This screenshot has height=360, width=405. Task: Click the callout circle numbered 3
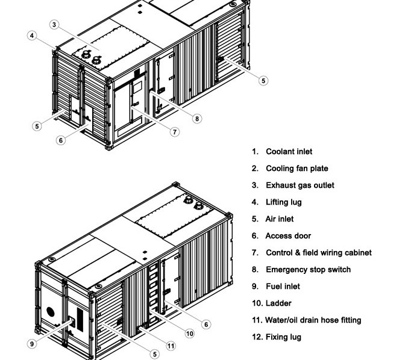tap(55, 25)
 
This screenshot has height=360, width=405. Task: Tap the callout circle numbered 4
tap(32, 36)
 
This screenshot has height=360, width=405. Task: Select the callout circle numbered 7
tap(175, 132)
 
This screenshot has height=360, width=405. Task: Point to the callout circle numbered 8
tap(197, 119)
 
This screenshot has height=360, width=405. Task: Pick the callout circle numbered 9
tap(32, 344)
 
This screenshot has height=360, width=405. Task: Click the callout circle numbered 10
tap(189, 333)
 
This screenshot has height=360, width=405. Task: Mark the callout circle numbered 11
tap(171, 346)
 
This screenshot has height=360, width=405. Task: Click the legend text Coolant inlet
tap(289, 152)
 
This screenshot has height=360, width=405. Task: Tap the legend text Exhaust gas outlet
tap(300, 185)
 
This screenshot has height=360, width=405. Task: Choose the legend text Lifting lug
tap(284, 202)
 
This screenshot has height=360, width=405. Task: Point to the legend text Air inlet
tap(280, 219)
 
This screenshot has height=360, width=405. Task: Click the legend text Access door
tap(288, 236)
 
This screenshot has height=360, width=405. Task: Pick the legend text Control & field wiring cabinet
tap(319, 253)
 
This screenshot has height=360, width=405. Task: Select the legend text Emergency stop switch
tap(308, 270)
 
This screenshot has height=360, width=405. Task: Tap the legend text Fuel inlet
tap(283, 287)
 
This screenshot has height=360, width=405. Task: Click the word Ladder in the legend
tap(278, 303)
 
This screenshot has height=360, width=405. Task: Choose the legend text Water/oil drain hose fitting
tap(313, 320)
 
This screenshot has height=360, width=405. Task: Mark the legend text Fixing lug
tap(283, 337)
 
